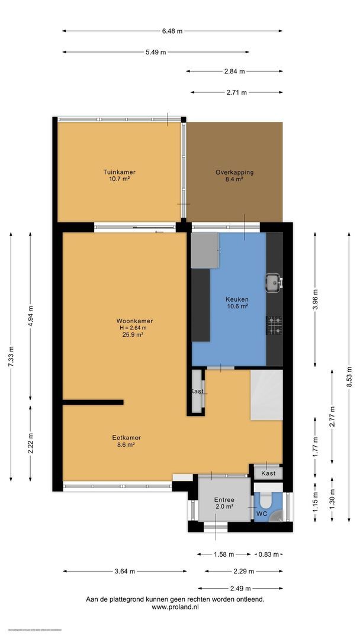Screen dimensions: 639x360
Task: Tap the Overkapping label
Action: point(234,172)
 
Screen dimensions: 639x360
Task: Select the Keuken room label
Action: point(236,299)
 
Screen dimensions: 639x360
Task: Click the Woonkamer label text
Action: point(131,321)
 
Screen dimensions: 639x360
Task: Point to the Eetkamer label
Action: point(127,438)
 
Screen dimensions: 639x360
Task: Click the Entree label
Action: point(224,499)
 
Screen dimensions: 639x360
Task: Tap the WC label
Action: point(261,514)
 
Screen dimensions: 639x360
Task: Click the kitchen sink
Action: point(274,283)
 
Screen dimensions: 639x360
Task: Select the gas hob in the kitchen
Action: point(274,324)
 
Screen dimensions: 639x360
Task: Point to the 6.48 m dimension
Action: point(172,31)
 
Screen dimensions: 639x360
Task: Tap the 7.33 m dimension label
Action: point(11,357)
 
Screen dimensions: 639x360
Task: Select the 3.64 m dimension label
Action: point(125,571)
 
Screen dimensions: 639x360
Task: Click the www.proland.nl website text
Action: point(175,607)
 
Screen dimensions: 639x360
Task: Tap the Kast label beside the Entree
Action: point(268,474)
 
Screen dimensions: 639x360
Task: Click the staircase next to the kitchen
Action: point(266,395)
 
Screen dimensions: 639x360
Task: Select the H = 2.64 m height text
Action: point(131,328)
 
